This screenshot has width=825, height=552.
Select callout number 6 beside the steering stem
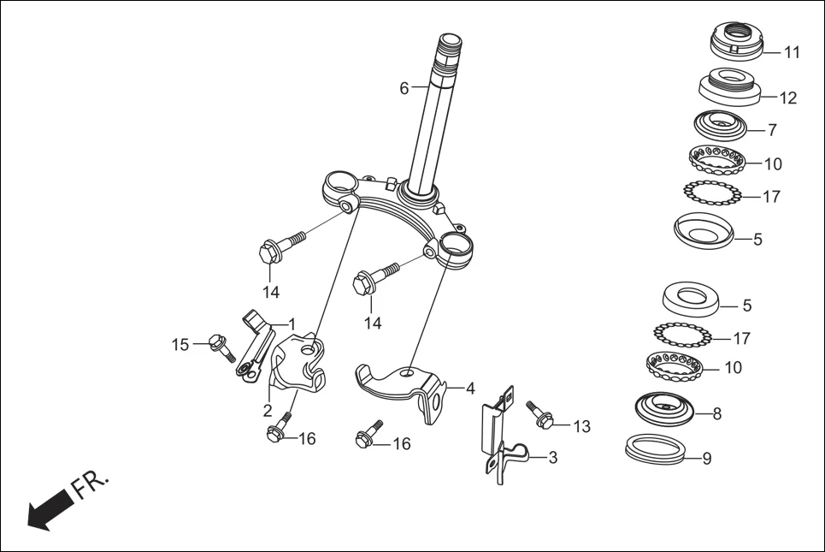coord(404,87)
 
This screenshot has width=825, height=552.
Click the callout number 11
coord(792,52)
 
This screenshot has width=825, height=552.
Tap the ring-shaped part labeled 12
coord(728,86)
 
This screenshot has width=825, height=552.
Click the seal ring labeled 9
coord(655,448)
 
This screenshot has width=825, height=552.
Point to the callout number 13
coord(581,426)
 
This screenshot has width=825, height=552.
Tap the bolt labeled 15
coord(221,347)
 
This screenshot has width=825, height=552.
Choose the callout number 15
coord(180,344)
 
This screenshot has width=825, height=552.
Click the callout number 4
coord(469,389)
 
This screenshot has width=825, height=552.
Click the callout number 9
coord(706,458)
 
